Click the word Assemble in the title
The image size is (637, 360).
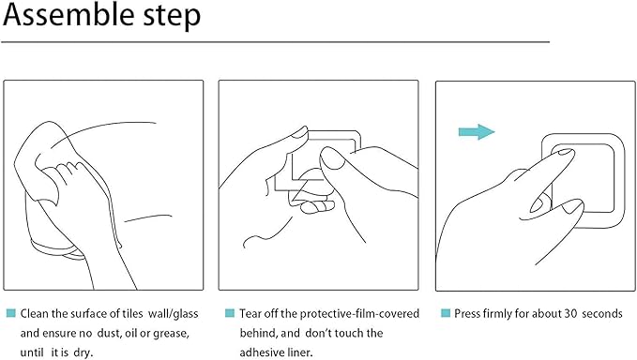point(69,14)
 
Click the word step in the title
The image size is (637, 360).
point(173,16)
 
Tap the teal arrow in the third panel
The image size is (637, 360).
point(477,132)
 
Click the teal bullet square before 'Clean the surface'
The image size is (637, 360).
point(11,313)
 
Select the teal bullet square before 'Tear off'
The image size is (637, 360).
point(230,313)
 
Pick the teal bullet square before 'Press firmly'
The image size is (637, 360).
point(446,313)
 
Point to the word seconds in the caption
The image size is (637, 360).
point(602,313)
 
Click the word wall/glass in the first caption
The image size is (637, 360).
point(173,314)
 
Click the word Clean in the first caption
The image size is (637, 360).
point(35,313)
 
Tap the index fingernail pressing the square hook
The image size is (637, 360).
point(565,152)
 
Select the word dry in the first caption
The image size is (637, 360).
point(83,352)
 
